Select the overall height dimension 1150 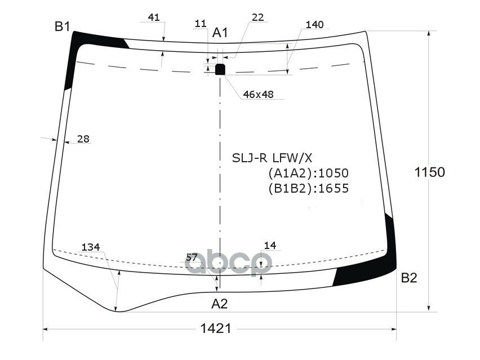tap(430, 172)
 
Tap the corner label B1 tap(62, 26)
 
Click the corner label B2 tap(409, 278)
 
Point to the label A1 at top tap(220, 33)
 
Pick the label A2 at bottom tap(219, 304)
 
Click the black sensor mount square tap(220, 69)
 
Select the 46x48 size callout tap(258, 95)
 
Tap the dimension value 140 tap(314, 24)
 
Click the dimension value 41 tap(153, 17)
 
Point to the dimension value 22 tap(257, 17)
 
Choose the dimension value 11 tap(200, 23)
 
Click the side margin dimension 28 tap(83, 139)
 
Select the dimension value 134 tap(90, 247)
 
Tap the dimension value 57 tap(192, 257)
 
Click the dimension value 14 tap(270, 245)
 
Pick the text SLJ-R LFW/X tap(272, 157)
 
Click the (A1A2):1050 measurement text tap(308, 173)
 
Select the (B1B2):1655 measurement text tap(308, 188)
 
